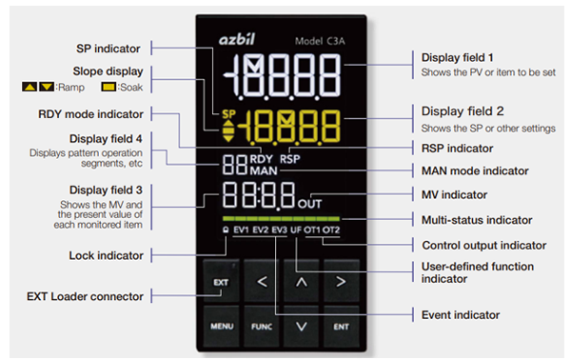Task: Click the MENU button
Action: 219,325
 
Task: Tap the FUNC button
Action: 260,325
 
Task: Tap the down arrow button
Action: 301,325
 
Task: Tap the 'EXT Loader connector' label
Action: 86,296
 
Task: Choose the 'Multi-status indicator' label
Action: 472,219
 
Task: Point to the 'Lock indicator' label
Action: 107,255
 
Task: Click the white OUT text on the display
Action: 309,203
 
